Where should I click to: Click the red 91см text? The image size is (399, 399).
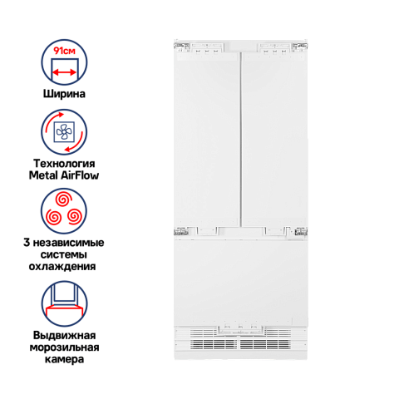[65, 51]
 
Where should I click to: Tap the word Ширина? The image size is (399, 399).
[64, 94]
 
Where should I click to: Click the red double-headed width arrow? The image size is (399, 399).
[64, 72]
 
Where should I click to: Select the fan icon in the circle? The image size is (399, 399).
[64, 131]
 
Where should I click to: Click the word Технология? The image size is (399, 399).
[64, 163]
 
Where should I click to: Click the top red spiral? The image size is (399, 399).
[63, 199]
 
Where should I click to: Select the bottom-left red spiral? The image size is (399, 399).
[53, 217]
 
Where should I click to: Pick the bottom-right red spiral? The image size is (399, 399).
[75, 217]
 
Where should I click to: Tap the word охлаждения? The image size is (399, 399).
[62, 267]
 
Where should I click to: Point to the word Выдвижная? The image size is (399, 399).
[64, 335]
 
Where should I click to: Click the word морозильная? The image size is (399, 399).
[64, 347]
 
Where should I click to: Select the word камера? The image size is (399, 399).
[64, 359]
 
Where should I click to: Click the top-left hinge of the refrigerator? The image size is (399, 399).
[181, 47]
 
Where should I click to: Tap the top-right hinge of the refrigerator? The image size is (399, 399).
[300, 47]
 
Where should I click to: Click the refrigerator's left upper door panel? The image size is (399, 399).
[206, 140]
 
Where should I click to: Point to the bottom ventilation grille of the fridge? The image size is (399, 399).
[240, 344]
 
